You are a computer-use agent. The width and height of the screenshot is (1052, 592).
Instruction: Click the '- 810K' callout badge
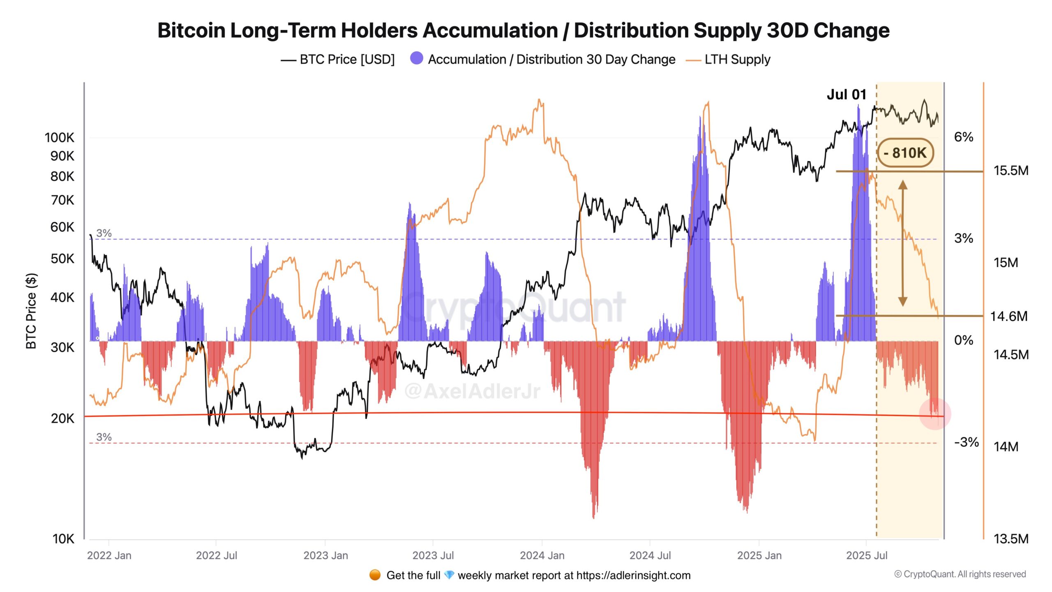tap(905, 153)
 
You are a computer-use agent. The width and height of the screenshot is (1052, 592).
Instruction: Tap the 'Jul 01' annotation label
tap(846, 95)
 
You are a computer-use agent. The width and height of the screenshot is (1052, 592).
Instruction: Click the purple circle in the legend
tap(416, 58)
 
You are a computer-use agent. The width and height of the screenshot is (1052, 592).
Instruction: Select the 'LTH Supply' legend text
tap(737, 59)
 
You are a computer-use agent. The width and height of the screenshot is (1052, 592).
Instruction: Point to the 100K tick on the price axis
tap(60, 137)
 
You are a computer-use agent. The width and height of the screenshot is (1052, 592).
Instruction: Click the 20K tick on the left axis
tap(62, 418)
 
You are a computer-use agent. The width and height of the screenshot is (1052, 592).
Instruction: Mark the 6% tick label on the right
tap(963, 136)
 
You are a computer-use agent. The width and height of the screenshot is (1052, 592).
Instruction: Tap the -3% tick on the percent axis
tap(966, 442)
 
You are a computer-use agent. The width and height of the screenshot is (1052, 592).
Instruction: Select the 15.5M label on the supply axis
tap(1010, 170)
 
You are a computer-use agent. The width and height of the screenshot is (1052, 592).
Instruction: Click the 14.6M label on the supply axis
tap(1008, 316)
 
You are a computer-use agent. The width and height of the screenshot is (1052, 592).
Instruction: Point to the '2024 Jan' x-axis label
tap(542, 555)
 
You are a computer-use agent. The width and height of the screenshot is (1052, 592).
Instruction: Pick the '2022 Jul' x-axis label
tap(217, 555)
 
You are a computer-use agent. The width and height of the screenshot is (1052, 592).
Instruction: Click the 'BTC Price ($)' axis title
tap(31, 311)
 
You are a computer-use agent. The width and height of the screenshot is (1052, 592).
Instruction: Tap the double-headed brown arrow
tap(902, 243)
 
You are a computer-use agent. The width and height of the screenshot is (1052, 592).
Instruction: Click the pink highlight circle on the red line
tap(934, 414)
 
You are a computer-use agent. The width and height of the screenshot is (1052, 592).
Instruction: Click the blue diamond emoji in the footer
tap(449, 575)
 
